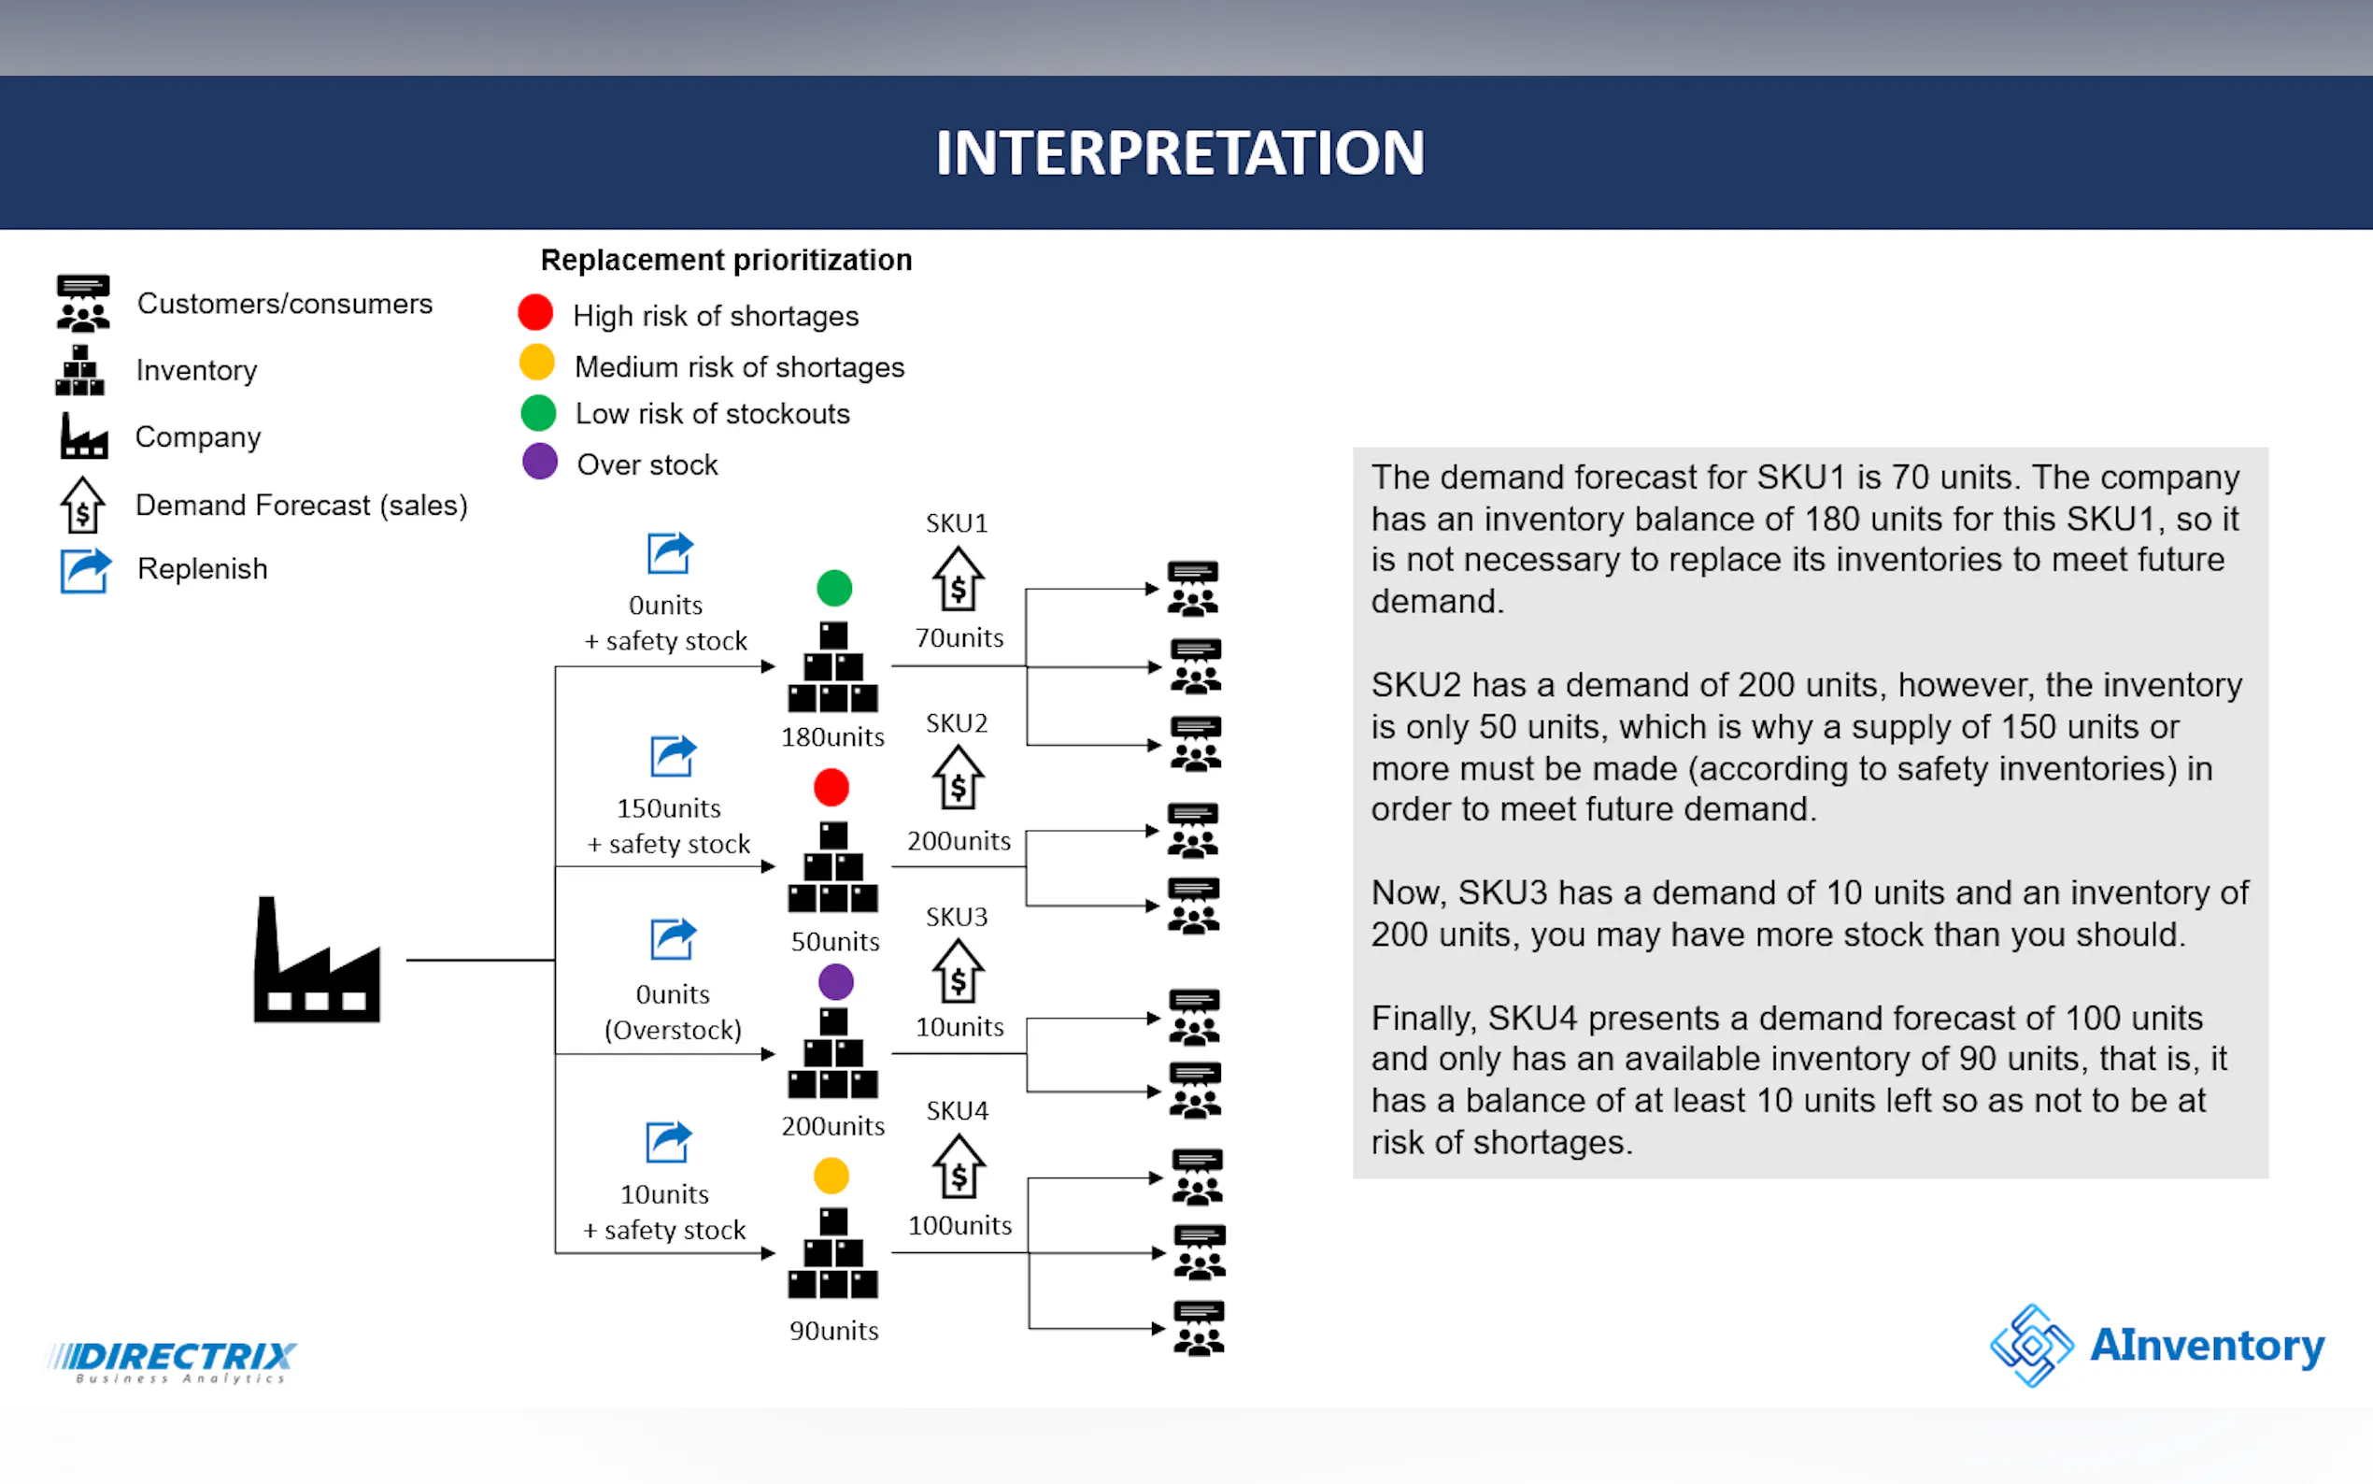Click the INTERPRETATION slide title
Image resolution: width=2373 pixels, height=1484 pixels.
1179,153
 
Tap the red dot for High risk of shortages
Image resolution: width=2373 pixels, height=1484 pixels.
535,312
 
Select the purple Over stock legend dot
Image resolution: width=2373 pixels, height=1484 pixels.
540,462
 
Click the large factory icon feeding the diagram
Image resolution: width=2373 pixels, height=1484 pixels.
316,962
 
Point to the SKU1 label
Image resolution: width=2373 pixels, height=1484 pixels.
957,523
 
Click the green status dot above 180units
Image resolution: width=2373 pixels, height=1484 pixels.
834,588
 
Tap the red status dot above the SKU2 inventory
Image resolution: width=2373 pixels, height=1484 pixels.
831,787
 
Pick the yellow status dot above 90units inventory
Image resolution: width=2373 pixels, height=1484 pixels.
831,1175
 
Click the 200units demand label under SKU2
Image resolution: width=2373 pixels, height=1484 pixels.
959,841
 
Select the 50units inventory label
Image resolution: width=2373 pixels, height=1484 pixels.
835,942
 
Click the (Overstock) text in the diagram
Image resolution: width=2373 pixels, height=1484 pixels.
673,1030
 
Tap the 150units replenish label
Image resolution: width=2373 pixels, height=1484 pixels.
669,807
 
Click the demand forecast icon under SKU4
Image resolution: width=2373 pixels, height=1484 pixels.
959,1167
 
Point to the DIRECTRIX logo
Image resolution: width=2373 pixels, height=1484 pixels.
174,1361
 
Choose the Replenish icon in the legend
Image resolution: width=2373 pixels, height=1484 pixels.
85,570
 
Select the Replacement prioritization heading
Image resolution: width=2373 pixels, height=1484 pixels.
726,260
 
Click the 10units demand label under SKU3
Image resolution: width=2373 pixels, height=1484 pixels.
959,1027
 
